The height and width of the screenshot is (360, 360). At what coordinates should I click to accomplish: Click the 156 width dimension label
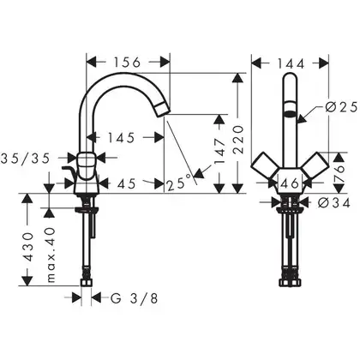(127, 63)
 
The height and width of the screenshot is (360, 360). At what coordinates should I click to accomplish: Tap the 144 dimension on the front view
(291, 63)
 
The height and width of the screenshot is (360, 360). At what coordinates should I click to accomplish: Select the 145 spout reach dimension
(121, 138)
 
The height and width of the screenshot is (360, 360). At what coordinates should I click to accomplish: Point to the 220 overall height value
(239, 140)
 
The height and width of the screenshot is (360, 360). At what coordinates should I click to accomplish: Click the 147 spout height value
(220, 152)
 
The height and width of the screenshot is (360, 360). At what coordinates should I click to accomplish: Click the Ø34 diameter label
(334, 203)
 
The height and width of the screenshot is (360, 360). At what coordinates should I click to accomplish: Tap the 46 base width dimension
(290, 183)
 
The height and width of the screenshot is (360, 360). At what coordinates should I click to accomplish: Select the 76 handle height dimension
(339, 173)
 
